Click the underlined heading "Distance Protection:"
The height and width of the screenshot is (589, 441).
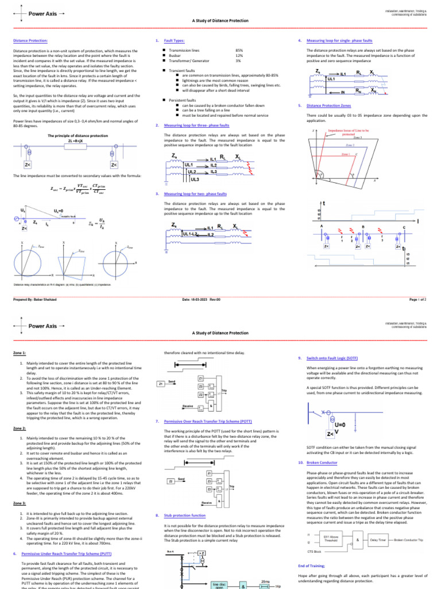(x=31, y=41)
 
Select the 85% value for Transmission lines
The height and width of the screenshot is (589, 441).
(x=239, y=51)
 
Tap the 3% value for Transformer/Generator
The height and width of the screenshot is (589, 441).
(x=238, y=60)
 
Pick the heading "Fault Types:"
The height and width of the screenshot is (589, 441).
(x=174, y=41)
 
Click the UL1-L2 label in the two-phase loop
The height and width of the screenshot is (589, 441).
(x=190, y=234)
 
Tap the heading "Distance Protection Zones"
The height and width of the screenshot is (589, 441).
(x=329, y=106)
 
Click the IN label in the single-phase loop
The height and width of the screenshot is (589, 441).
(x=343, y=91)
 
